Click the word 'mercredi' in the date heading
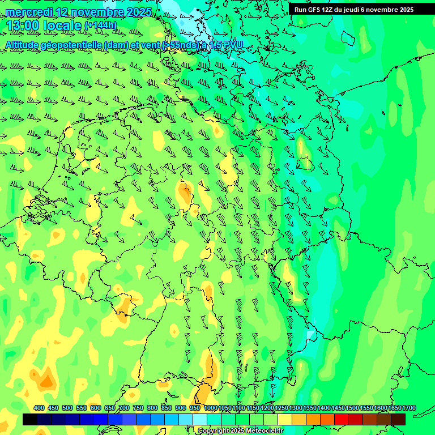[29, 12]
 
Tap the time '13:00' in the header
[23, 25]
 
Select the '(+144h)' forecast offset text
[100, 26]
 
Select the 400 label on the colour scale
[39, 408]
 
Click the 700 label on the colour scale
[124, 408]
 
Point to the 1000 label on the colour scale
[211, 408]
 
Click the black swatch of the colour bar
[30, 419]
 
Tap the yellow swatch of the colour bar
[285, 419]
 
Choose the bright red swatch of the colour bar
[342, 419]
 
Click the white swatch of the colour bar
[200, 419]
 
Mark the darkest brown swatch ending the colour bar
[398, 419]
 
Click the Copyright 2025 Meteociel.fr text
[240, 431]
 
